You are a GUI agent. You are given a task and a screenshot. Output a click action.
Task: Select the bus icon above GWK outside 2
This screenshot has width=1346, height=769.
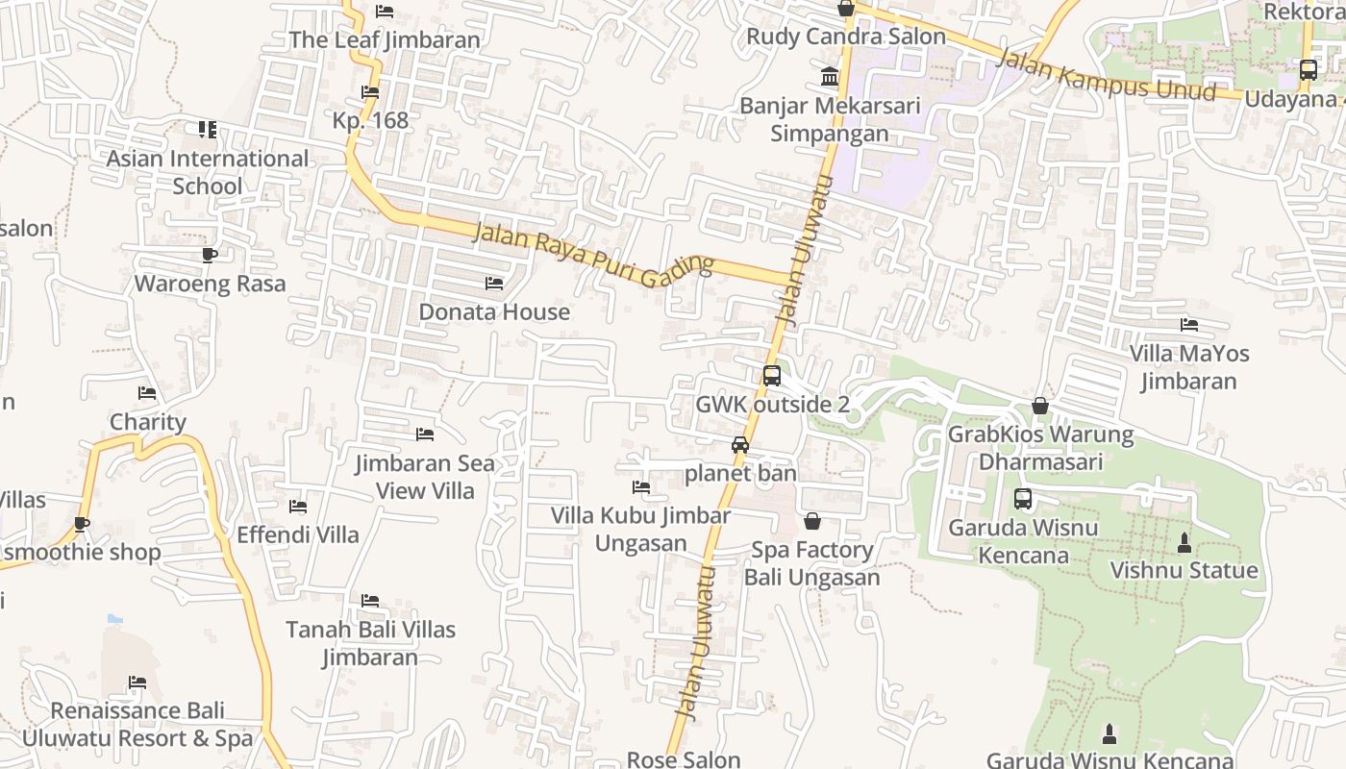coord(771,376)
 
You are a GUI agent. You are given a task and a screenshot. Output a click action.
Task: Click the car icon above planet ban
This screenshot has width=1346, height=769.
coord(739,444)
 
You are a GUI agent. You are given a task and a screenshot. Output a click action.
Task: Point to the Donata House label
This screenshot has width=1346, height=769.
coord(494,312)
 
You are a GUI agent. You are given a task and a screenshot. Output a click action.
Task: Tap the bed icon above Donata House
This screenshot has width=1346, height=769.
coord(494,284)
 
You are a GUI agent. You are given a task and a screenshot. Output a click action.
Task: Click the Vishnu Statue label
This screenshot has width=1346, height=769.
coord(1184,570)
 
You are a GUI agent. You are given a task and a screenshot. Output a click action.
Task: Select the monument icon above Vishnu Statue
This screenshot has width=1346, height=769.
coord(1184,543)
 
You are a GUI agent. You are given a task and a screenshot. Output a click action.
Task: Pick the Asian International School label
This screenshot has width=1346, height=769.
coord(208,172)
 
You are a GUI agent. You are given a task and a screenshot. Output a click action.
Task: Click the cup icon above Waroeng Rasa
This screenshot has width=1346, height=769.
coord(209,255)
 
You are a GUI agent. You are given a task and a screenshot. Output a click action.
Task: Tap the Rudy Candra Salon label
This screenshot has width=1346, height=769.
coord(846,37)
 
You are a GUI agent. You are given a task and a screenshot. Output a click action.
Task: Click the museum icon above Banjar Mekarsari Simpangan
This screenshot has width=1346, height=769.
coord(830,76)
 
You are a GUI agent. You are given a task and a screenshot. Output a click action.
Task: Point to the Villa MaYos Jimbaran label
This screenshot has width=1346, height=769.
coord(1189,367)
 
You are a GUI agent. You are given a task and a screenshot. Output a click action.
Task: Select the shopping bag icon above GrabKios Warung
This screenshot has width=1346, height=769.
coord(1039,406)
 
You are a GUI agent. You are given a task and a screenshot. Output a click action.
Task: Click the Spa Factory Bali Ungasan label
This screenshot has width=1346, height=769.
coord(812,564)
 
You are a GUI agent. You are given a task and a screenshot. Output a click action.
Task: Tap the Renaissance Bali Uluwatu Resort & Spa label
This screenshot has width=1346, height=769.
coord(137,725)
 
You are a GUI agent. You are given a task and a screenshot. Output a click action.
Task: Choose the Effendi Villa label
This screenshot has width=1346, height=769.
coord(298,534)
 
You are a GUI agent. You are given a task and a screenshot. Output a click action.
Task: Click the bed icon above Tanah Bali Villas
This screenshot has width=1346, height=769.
coord(370,601)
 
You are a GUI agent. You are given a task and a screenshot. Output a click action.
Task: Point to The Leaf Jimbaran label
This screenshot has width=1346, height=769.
coord(385,39)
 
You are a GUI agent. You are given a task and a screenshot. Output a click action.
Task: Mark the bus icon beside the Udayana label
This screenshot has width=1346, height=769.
coord(1308,70)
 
